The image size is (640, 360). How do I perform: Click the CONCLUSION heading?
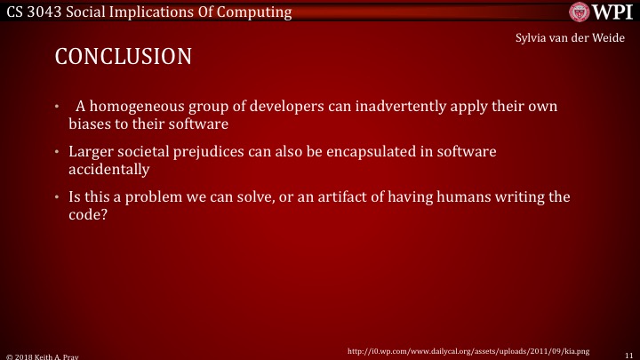coord(124,58)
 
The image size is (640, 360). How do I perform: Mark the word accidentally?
coord(108,169)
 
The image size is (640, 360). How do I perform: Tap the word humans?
coord(477,196)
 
